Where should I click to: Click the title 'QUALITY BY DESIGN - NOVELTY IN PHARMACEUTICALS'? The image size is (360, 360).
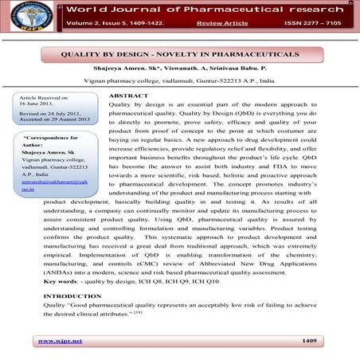click(180, 54)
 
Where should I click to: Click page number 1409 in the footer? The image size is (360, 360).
click(310, 340)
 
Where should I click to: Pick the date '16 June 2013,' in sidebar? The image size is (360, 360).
click(35, 112)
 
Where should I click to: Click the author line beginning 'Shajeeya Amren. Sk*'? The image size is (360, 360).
click(179, 69)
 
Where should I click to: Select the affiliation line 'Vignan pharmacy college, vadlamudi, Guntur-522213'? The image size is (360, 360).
click(179, 81)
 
